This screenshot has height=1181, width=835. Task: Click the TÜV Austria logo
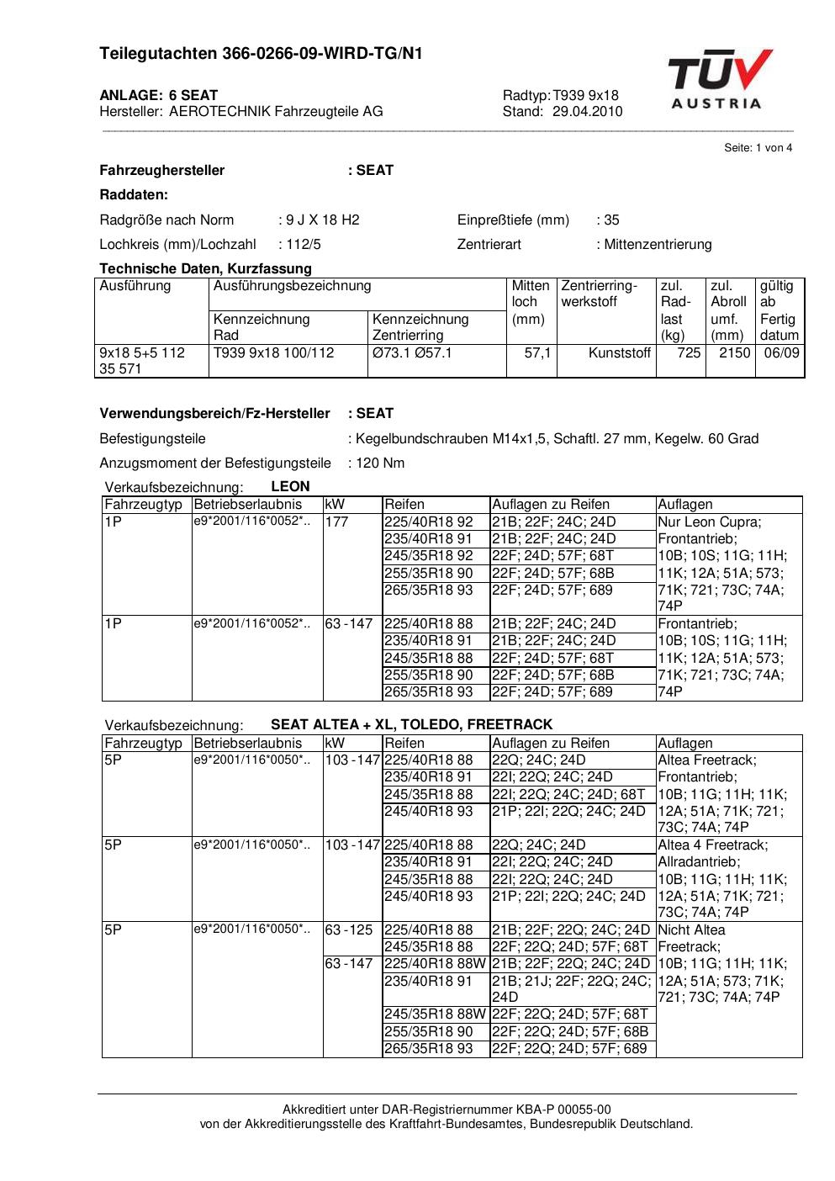[x=720, y=79]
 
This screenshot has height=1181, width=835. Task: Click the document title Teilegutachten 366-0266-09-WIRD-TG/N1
[x=261, y=54]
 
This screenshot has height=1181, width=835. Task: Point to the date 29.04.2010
[x=587, y=111]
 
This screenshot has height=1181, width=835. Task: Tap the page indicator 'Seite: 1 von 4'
[x=758, y=148]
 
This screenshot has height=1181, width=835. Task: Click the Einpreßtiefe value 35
[x=611, y=220]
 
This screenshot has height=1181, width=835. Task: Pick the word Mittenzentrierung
[x=658, y=244]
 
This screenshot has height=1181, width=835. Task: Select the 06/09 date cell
[x=780, y=352]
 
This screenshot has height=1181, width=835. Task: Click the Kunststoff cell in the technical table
[x=620, y=352]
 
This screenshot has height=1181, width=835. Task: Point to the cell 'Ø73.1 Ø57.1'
[x=412, y=352]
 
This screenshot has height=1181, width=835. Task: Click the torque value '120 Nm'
[x=380, y=463]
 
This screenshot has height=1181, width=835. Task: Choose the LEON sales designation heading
[x=290, y=486]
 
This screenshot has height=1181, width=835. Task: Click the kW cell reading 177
[x=337, y=522]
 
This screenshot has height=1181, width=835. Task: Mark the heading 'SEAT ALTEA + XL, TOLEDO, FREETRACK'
[x=411, y=724]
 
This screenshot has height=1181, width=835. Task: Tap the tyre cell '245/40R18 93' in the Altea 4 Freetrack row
[x=429, y=896]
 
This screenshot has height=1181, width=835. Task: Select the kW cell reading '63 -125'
[x=348, y=929]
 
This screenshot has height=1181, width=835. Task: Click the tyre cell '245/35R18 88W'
[x=435, y=1014]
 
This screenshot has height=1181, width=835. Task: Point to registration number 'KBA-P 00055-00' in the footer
[x=567, y=1110]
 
